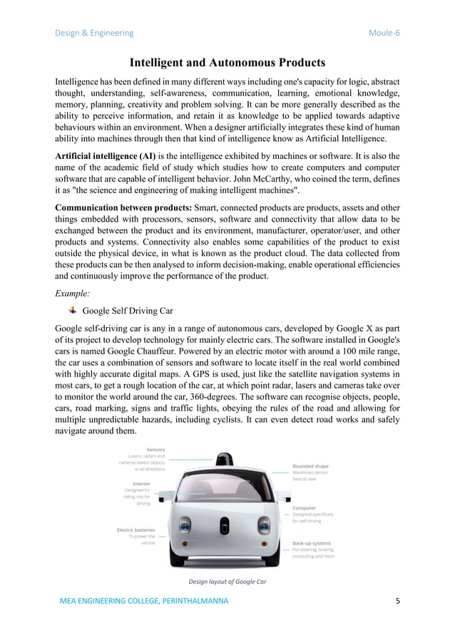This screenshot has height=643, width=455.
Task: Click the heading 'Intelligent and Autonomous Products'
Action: point(227,63)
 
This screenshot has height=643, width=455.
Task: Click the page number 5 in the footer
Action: point(397,601)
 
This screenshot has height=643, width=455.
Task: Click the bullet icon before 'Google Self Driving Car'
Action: point(72,310)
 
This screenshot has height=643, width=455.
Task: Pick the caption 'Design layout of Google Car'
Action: point(227,582)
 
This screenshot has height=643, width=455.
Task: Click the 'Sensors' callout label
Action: point(155,450)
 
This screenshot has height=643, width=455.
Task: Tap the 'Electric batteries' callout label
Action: point(136,530)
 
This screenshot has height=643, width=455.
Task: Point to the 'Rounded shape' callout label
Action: point(310,466)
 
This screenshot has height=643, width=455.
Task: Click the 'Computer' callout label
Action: point(304,508)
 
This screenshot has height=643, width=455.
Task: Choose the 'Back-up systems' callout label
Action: point(311,543)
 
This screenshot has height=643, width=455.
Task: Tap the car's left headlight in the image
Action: point(185,527)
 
